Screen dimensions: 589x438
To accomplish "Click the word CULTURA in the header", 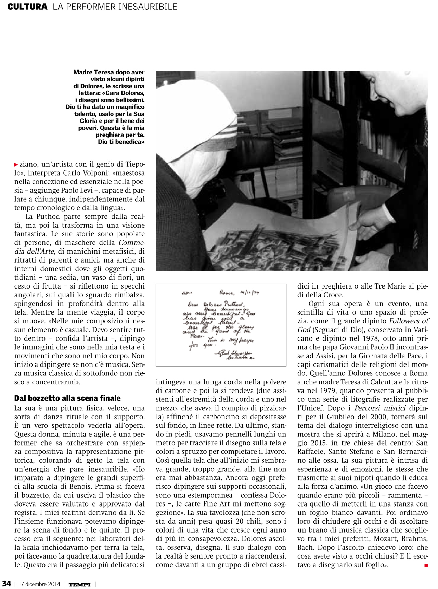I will pyautogui.click(x=27, y=7).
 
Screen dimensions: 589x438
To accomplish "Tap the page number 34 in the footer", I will pyautogui.click(x=7, y=584).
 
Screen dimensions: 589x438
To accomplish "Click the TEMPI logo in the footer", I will pyautogui.click(x=79, y=584).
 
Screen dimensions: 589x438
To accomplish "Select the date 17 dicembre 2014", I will pyautogui.click(x=39, y=584).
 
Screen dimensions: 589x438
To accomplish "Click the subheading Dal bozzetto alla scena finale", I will pyautogui.click(x=67, y=398).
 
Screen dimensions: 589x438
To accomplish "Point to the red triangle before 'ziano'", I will pyautogui.click(x=16, y=165).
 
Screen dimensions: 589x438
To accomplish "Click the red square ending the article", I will pyautogui.click(x=426, y=565).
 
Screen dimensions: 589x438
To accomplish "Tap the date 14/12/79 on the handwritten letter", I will pyautogui.click(x=249, y=293).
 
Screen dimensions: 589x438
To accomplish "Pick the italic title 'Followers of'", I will pyautogui.click(x=409, y=321).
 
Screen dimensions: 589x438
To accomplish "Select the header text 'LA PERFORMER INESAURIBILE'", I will pyautogui.click(x=115, y=7).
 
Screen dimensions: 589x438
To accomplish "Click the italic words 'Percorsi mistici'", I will pyautogui.click(x=379, y=408).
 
